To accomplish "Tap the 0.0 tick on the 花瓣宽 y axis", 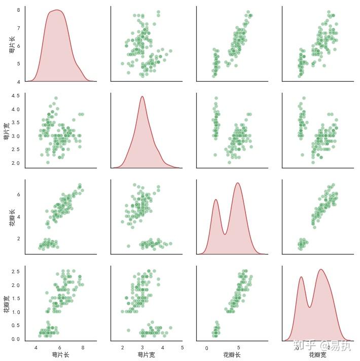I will click(x=15, y=339).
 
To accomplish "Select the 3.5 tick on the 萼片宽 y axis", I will click(x=15, y=123).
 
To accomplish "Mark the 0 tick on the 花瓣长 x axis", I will click(x=206, y=348).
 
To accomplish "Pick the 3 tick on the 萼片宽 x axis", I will click(x=142, y=348).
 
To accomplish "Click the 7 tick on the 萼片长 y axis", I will click(x=18, y=28).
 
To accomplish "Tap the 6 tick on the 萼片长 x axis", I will click(x=59, y=348).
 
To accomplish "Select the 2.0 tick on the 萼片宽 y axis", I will click(x=15, y=163).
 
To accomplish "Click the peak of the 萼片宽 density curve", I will click(x=142, y=96).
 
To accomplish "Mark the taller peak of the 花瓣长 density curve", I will click(x=237, y=183).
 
